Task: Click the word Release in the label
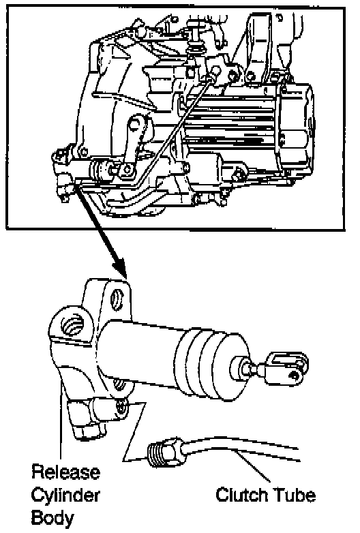pyautogui.click(x=66, y=472)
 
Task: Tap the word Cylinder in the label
pyautogui.click(x=65, y=496)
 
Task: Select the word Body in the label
pyautogui.click(x=52, y=519)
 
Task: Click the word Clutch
pyautogui.click(x=241, y=495)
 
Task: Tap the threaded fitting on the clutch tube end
pyautogui.click(x=155, y=455)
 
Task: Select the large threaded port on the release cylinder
pyautogui.click(x=73, y=325)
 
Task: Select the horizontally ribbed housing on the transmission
pyautogui.click(x=230, y=125)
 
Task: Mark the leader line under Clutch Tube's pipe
pyautogui.click(x=252, y=466)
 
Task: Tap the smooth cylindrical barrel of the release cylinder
pyautogui.click(x=139, y=354)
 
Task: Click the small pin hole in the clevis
pyautogui.click(x=293, y=376)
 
